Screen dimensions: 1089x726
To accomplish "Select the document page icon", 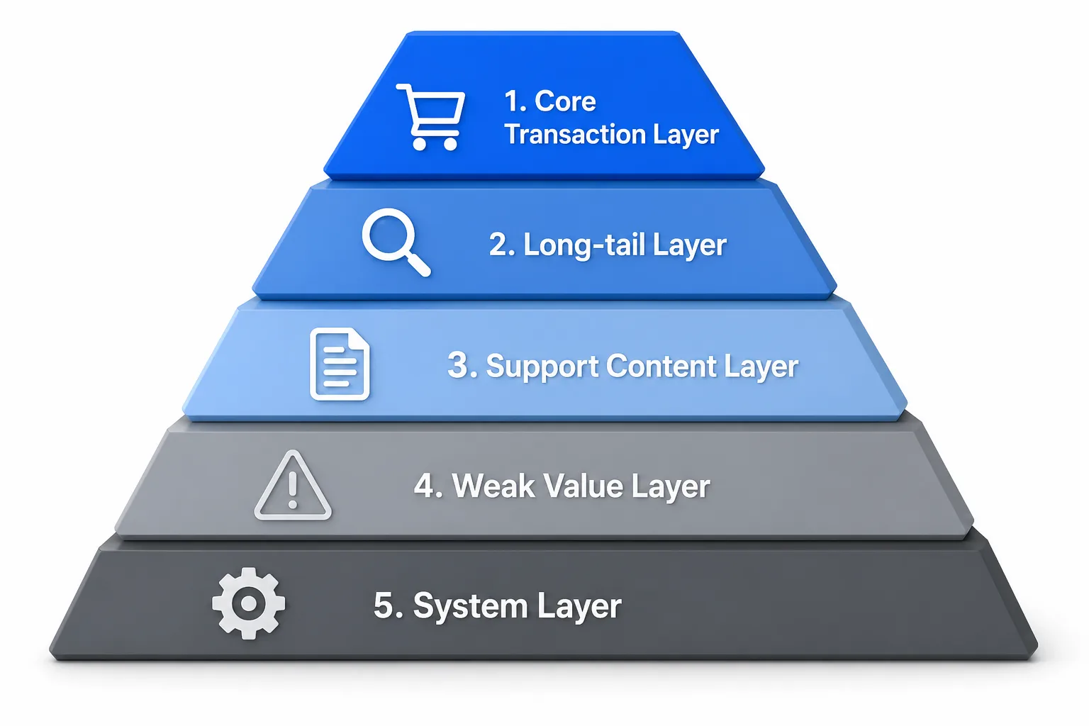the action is (x=340, y=364).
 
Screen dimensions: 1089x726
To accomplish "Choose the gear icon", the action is (x=248, y=603).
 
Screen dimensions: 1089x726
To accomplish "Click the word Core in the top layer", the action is (x=565, y=101).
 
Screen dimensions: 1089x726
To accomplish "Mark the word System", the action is (x=470, y=606).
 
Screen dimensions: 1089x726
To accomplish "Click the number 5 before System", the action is (x=383, y=605).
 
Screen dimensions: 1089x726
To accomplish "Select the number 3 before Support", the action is (x=457, y=365).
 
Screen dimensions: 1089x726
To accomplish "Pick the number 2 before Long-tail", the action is (x=498, y=244).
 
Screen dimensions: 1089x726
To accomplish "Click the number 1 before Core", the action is (x=511, y=101).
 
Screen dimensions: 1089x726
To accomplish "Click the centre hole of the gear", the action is (x=248, y=603).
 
